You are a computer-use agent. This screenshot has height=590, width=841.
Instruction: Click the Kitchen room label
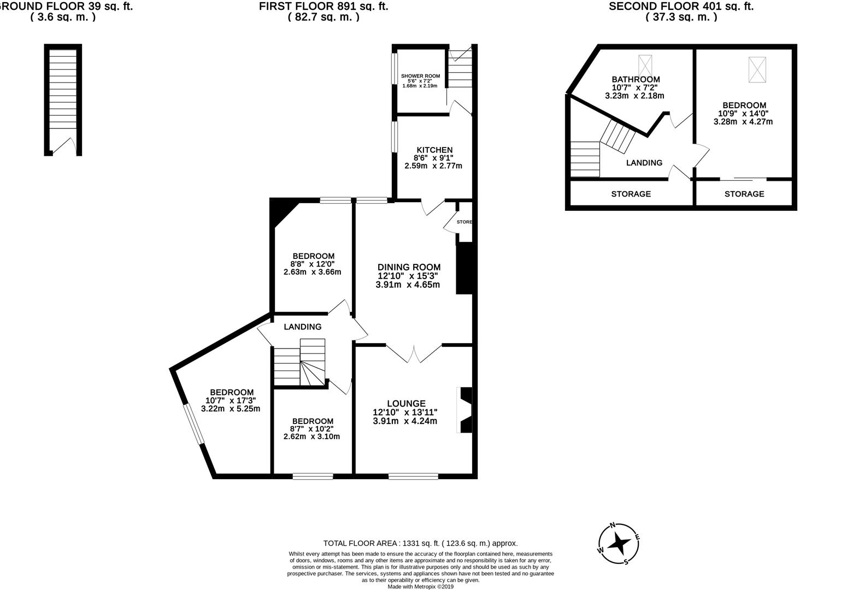click(434, 150)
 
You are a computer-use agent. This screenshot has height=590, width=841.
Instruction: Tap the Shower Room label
click(420, 76)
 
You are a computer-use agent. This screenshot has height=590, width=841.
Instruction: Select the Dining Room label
click(409, 267)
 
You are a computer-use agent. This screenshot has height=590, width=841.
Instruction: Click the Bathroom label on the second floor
click(636, 79)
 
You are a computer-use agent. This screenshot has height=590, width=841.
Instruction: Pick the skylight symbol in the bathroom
click(645, 67)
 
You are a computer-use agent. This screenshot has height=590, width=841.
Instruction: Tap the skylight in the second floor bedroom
click(757, 69)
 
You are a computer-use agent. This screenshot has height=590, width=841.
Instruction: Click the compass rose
click(619, 544)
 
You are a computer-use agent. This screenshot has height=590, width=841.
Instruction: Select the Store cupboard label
click(464, 222)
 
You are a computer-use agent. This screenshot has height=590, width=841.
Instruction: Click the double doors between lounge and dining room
click(414, 353)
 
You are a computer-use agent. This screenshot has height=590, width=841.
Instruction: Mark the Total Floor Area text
click(420, 544)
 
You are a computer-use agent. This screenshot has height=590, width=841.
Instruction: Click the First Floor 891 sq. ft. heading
click(324, 7)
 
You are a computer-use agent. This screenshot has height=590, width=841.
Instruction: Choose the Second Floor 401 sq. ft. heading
click(681, 7)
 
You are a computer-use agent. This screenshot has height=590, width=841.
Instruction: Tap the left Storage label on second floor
click(631, 194)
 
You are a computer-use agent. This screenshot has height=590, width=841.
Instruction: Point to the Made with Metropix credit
click(420, 587)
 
